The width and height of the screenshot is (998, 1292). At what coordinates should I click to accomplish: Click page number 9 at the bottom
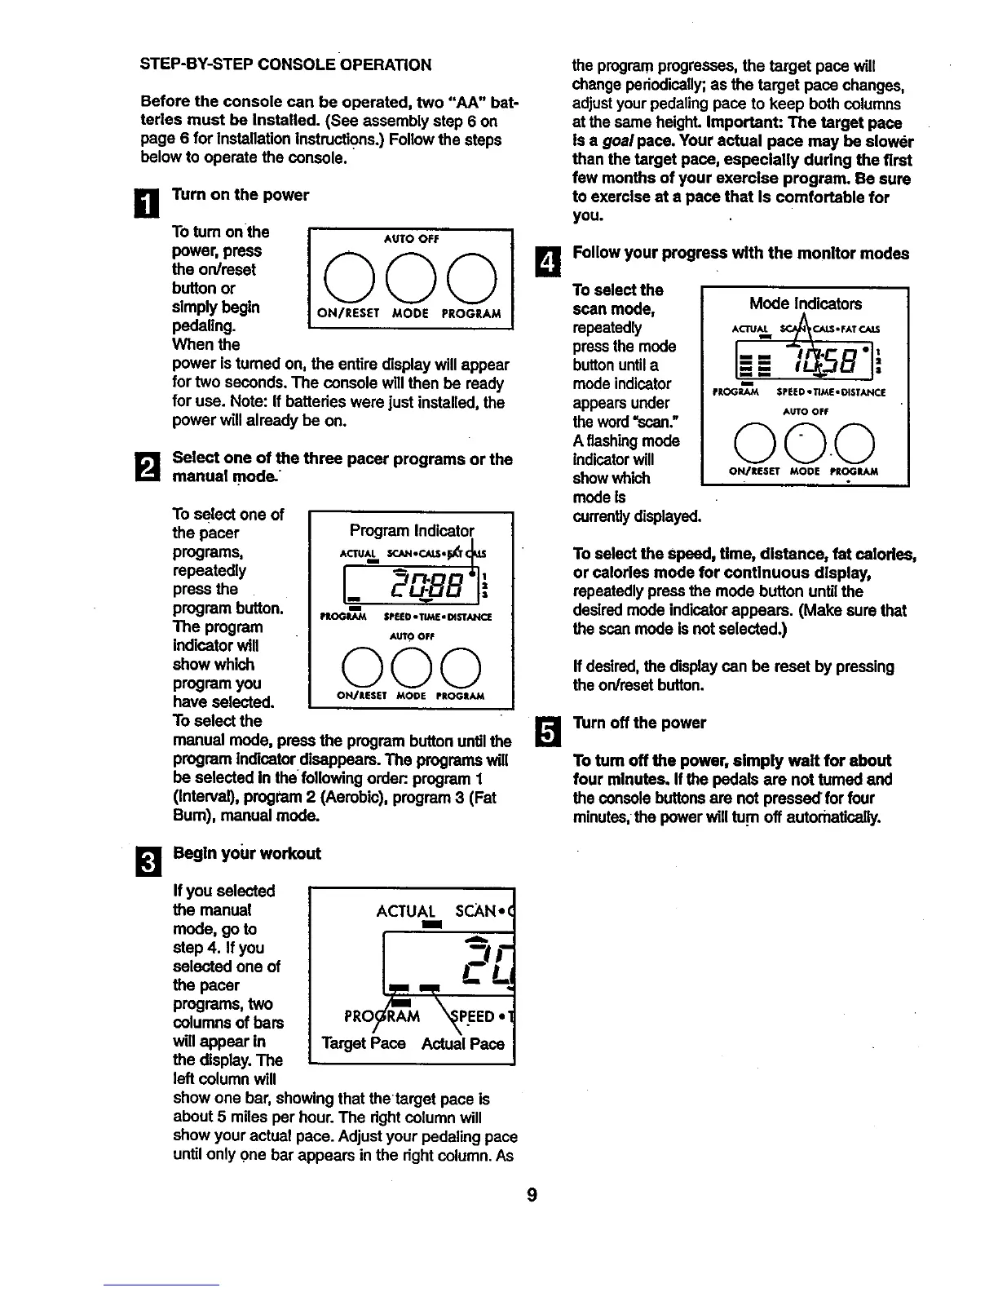click(x=531, y=1195)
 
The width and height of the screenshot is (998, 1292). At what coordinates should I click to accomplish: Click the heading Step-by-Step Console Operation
click(x=286, y=65)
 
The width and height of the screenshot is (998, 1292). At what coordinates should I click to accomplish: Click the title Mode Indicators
click(x=805, y=304)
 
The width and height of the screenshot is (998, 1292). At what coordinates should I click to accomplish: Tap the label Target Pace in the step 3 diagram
click(x=364, y=1044)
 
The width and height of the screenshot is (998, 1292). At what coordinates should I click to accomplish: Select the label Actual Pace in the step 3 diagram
click(x=463, y=1044)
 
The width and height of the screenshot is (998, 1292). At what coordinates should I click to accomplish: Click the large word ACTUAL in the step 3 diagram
click(x=406, y=911)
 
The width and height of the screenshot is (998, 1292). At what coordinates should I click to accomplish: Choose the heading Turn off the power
click(x=640, y=723)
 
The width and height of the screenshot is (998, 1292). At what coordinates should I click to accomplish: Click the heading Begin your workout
click(x=246, y=853)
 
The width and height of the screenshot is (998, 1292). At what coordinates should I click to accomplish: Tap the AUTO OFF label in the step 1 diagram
click(x=411, y=239)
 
